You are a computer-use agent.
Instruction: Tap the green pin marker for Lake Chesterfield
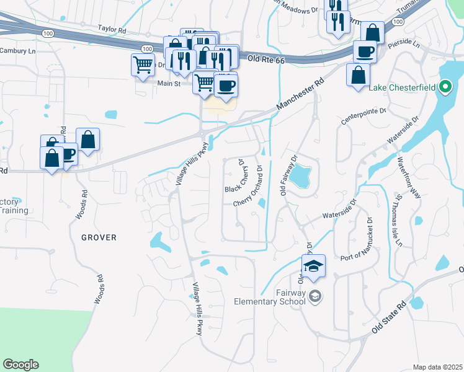coord(445,87)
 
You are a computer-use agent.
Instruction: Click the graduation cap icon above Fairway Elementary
coord(314,266)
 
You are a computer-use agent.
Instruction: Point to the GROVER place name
coord(99,237)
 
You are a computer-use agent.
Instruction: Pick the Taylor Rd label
coord(112,29)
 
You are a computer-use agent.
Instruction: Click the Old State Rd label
coord(390,318)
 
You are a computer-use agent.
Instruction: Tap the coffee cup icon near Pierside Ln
coord(365,51)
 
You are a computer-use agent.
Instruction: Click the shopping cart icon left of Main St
coord(143,64)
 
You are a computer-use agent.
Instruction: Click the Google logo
coord(20,365)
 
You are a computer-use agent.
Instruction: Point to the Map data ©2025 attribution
coord(437,367)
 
